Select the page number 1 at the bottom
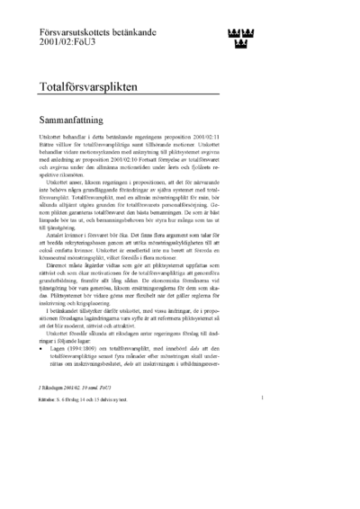pos(261,421)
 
